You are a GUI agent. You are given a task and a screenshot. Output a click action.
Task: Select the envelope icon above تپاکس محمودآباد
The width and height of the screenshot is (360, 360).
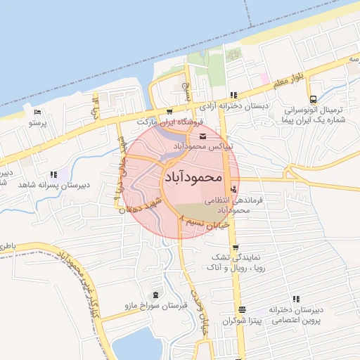point(203,136)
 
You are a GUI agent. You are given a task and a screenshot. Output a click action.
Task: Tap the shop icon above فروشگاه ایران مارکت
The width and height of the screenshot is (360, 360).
point(169,112)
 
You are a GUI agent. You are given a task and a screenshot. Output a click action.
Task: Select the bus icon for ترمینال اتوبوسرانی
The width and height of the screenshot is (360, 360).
point(313,100)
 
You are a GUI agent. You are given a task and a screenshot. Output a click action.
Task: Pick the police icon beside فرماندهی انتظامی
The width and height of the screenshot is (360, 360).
point(234,188)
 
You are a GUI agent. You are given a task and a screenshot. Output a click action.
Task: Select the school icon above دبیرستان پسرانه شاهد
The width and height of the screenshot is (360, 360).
point(53,174)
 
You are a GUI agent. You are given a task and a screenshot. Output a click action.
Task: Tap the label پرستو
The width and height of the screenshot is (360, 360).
point(37,122)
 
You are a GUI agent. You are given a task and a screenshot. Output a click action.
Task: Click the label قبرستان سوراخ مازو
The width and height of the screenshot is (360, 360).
point(154,307)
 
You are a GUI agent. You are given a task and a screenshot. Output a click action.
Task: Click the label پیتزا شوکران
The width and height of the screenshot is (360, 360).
point(243,321)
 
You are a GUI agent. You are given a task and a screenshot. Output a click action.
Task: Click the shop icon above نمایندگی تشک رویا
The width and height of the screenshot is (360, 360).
point(234,247)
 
